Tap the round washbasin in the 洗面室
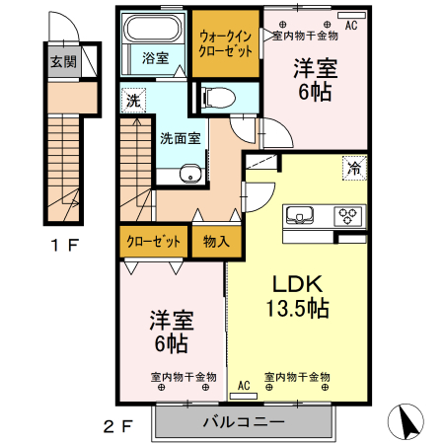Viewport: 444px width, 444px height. coord(190,177)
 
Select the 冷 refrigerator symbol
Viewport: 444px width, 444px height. coord(352,169)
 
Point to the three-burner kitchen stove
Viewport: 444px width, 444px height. coord(348,215)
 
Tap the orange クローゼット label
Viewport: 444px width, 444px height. coord(154,240)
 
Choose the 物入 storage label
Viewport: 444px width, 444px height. coord(216,240)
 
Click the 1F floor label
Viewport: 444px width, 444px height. coord(64,245)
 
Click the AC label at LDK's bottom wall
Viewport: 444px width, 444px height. coord(243,388)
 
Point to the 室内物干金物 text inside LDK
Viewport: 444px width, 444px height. coord(296,377)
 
